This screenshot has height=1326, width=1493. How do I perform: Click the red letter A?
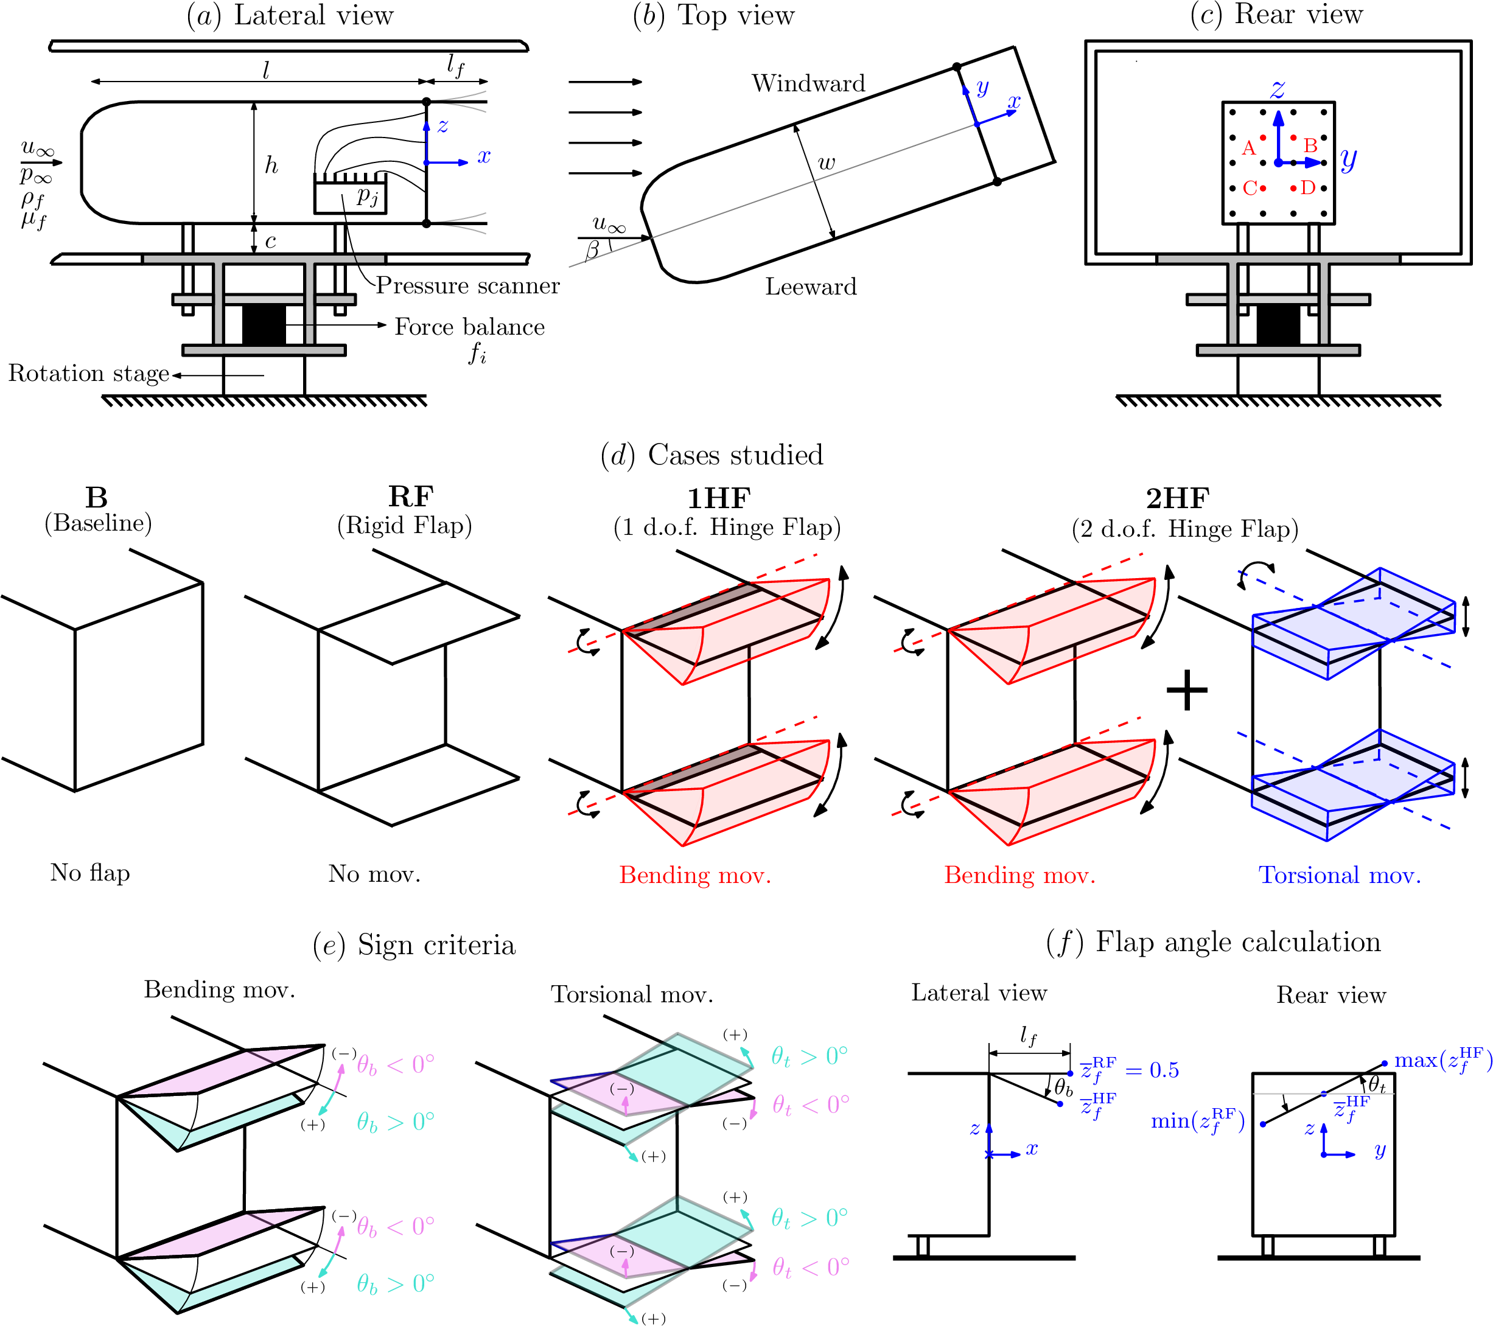click(1248, 148)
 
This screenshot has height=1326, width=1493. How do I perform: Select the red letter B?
click(1310, 145)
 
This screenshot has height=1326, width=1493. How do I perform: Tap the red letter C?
click(1250, 189)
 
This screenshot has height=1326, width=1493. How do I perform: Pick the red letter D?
click(1308, 187)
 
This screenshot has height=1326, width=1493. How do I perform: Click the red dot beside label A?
click(1263, 138)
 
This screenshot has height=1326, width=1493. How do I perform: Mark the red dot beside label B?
click(1293, 138)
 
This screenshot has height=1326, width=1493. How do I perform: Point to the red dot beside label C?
click(1263, 189)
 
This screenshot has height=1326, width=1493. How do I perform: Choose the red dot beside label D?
click(1293, 189)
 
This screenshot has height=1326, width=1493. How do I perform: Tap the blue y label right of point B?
click(1348, 158)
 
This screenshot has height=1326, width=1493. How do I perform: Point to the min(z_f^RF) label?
click(1198, 1121)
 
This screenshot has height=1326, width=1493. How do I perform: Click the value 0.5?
click(1164, 1070)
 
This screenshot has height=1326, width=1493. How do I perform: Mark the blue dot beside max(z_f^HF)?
click(1384, 1064)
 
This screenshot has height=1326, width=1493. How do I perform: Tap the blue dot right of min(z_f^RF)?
click(1263, 1125)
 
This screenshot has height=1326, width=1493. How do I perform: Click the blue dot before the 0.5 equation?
click(1070, 1073)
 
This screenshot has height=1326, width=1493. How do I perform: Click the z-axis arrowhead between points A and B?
click(1278, 117)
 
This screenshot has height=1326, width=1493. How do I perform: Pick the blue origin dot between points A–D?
click(1278, 163)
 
